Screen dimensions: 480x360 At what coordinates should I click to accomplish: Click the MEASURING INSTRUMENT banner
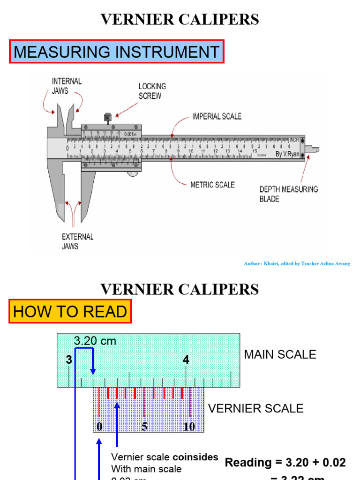click(x=117, y=52)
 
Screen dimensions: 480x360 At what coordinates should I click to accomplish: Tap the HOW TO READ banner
click(x=70, y=312)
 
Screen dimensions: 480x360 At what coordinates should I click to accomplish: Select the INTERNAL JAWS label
click(x=67, y=86)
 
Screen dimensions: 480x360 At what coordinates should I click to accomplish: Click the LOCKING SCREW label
click(x=152, y=91)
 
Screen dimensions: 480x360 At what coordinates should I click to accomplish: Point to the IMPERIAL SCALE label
click(x=217, y=116)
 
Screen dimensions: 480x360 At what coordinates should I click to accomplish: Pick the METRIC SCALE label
click(x=212, y=185)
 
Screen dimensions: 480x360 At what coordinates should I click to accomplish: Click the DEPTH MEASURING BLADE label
click(x=288, y=194)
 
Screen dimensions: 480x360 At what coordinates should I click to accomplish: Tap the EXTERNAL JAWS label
click(x=77, y=241)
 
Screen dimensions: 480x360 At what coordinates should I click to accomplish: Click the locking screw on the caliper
click(x=107, y=116)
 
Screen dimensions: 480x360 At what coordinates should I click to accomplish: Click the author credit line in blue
click(x=297, y=264)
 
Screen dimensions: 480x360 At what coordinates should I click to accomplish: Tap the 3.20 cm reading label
click(x=95, y=341)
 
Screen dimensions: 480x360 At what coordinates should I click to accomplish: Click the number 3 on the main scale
click(x=69, y=360)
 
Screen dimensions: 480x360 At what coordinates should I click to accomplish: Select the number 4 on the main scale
click(x=186, y=360)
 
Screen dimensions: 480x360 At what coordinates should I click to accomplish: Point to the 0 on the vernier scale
click(x=99, y=427)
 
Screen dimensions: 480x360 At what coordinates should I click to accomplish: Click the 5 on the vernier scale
click(x=144, y=427)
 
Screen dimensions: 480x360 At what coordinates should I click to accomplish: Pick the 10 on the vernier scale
click(x=189, y=427)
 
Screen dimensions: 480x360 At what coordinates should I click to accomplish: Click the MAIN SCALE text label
click(x=280, y=355)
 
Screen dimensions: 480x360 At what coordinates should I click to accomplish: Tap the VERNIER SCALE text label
click(x=255, y=408)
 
